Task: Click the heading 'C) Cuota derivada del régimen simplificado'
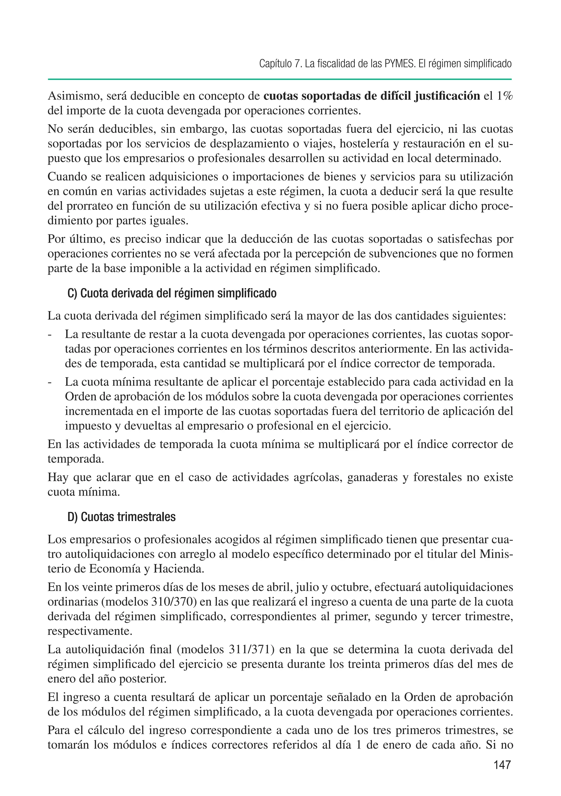point(172,293)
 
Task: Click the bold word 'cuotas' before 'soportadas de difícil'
point(280,96)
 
